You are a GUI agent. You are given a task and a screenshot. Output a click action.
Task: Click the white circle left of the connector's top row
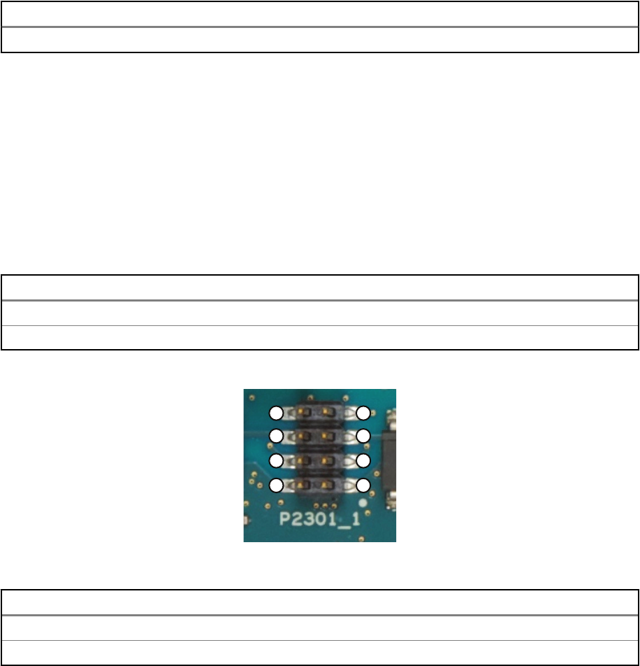[x=277, y=412]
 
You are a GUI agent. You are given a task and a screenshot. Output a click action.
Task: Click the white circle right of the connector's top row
[x=363, y=412]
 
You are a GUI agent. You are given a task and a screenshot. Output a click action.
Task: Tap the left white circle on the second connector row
[x=277, y=437]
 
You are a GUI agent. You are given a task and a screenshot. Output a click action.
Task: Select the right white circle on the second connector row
[x=363, y=437]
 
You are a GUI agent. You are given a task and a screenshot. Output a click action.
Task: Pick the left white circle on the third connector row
[x=277, y=460]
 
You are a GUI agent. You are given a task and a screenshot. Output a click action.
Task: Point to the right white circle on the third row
[x=363, y=460]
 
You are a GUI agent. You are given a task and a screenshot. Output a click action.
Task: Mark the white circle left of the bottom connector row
[x=277, y=485]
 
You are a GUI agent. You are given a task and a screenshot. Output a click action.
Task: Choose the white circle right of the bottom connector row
[x=363, y=485]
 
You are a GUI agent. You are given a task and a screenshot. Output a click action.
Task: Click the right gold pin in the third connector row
[x=326, y=460]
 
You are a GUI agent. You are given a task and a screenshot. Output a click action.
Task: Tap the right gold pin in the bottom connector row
[x=326, y=484]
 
